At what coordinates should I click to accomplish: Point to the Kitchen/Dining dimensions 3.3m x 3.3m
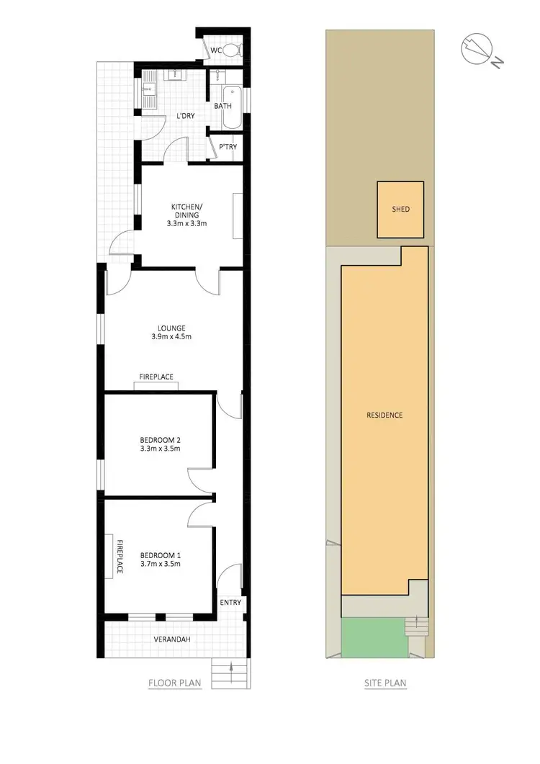[189, 223]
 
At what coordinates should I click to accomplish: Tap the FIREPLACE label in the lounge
[156, 377]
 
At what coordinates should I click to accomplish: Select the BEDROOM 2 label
[160, 439]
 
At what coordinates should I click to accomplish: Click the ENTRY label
[230, 603]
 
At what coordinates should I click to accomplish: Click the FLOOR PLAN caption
[175, 683]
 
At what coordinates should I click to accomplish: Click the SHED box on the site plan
[400, 210]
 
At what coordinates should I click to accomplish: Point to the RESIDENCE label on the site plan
[384, 415]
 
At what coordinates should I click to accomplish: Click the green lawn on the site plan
[372, 637]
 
